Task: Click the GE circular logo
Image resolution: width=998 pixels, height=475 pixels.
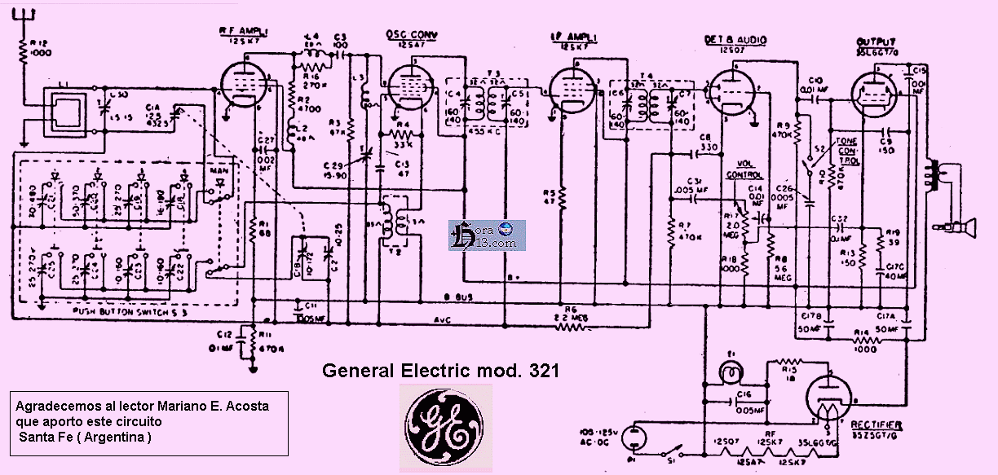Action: tap(445, 426)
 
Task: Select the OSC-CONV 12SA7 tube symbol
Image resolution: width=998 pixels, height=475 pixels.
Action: tap(408, 86)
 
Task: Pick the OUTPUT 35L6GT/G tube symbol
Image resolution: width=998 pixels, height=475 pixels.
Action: tap(876, 91)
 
